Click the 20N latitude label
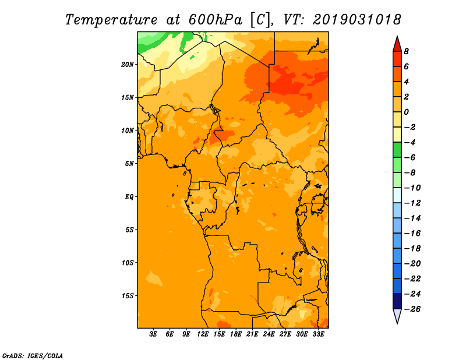[128, 64]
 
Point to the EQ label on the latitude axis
[129, 196]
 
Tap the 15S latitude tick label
[128, 296]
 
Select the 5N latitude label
[129, 164]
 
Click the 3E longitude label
[153, 334]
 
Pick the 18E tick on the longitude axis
[236, 334]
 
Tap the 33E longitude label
[318, 334]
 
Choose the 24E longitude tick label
[269, 334]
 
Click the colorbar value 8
[406, 51]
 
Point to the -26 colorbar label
[412, 309]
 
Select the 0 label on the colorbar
[406, 112]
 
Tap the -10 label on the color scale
[412, 188]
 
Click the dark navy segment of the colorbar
[397, 301]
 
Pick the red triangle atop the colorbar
[397, 45]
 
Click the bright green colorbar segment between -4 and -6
[397, 150]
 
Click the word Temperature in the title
[111, 20]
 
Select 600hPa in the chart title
[215, 20]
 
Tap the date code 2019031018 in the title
[357, 20]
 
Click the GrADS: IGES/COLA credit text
[33, 356]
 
